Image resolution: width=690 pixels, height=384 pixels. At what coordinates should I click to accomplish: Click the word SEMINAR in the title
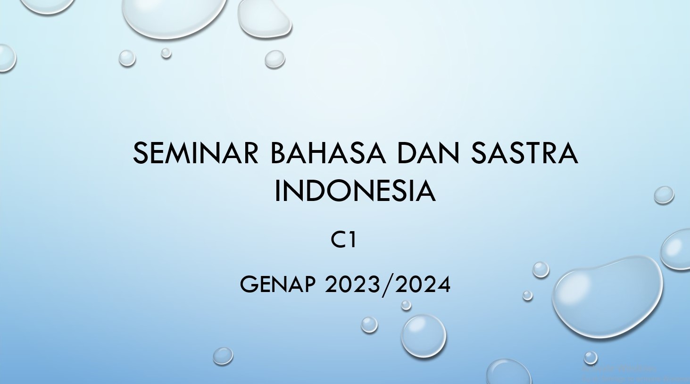196,153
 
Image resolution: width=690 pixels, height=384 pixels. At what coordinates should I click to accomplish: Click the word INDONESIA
355,191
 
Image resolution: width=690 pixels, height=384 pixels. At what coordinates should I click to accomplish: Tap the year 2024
423,284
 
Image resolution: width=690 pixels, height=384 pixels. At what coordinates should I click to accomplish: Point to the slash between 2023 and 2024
388,284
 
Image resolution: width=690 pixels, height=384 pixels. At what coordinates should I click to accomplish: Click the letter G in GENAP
248,284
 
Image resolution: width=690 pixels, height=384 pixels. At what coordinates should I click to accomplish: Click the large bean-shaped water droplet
607,297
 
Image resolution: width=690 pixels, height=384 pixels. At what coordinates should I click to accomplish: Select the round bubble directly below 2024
423,336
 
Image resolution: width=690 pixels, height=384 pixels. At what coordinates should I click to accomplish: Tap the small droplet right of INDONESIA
664,195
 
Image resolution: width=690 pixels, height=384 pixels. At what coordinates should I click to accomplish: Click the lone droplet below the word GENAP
223,356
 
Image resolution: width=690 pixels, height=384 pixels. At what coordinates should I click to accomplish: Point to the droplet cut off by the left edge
7,58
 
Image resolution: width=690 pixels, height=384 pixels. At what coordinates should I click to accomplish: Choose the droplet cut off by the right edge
677,249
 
